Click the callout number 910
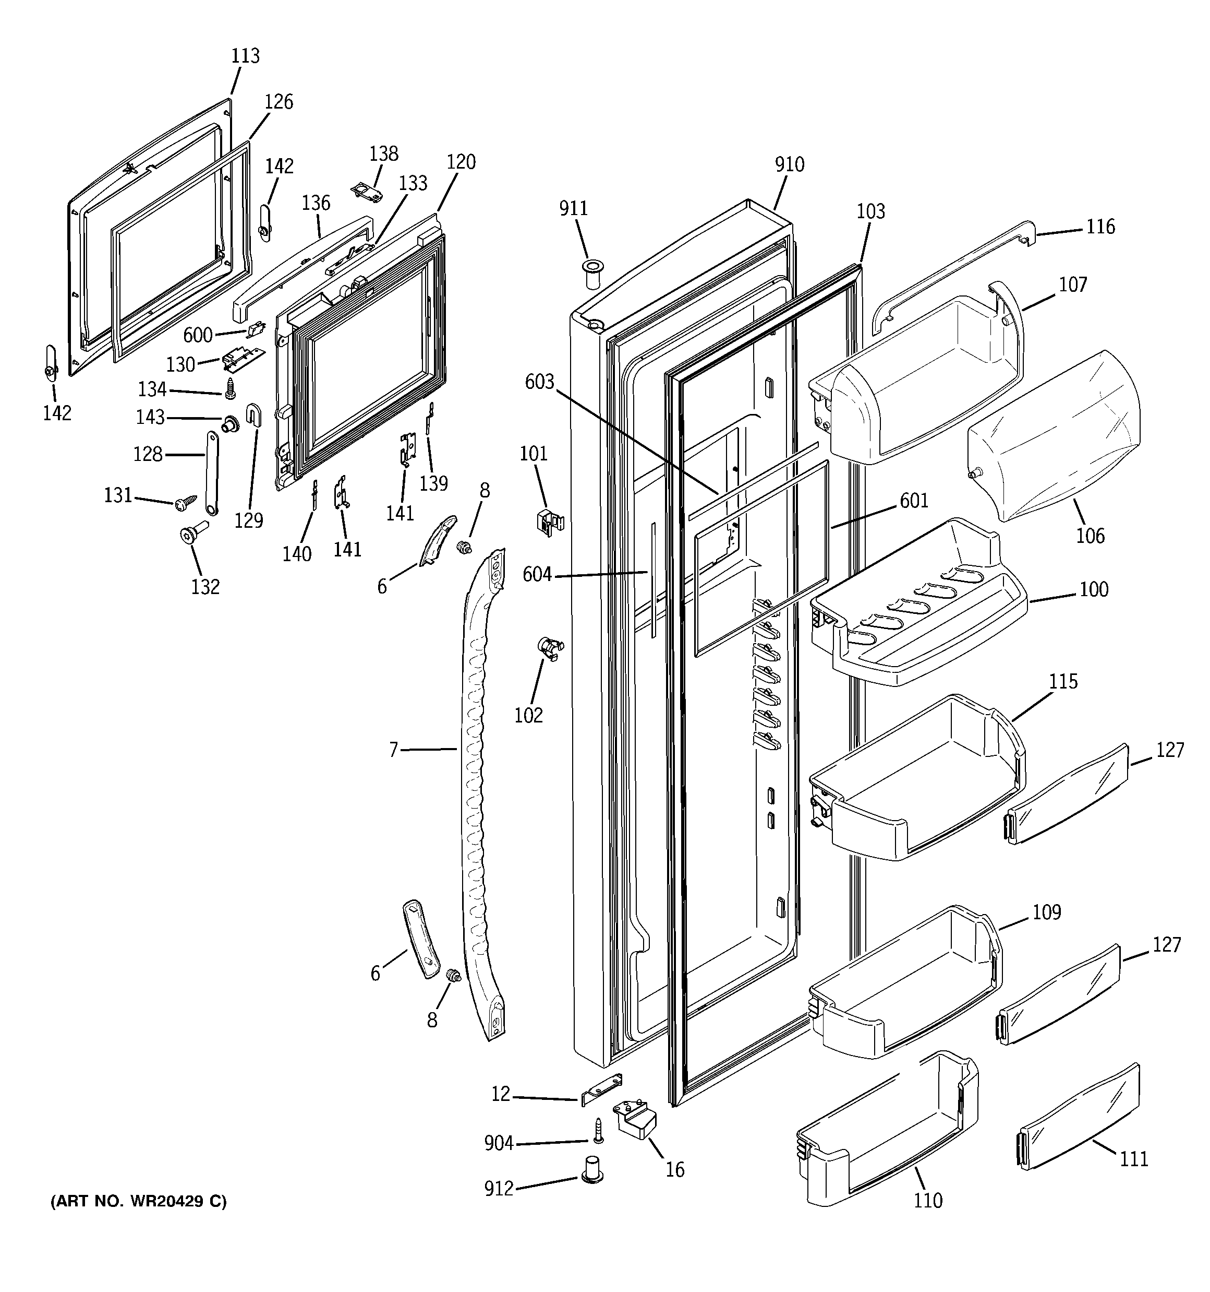pyautogui.click(x=789, y=164)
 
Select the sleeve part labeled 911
pyautogui.click(x=591, y=275)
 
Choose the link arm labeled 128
pyautogui.click(x=212, y=473)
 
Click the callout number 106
pyautogui.click(x=1090, y=536)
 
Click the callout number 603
pyautogui.click(x=539, y=382)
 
